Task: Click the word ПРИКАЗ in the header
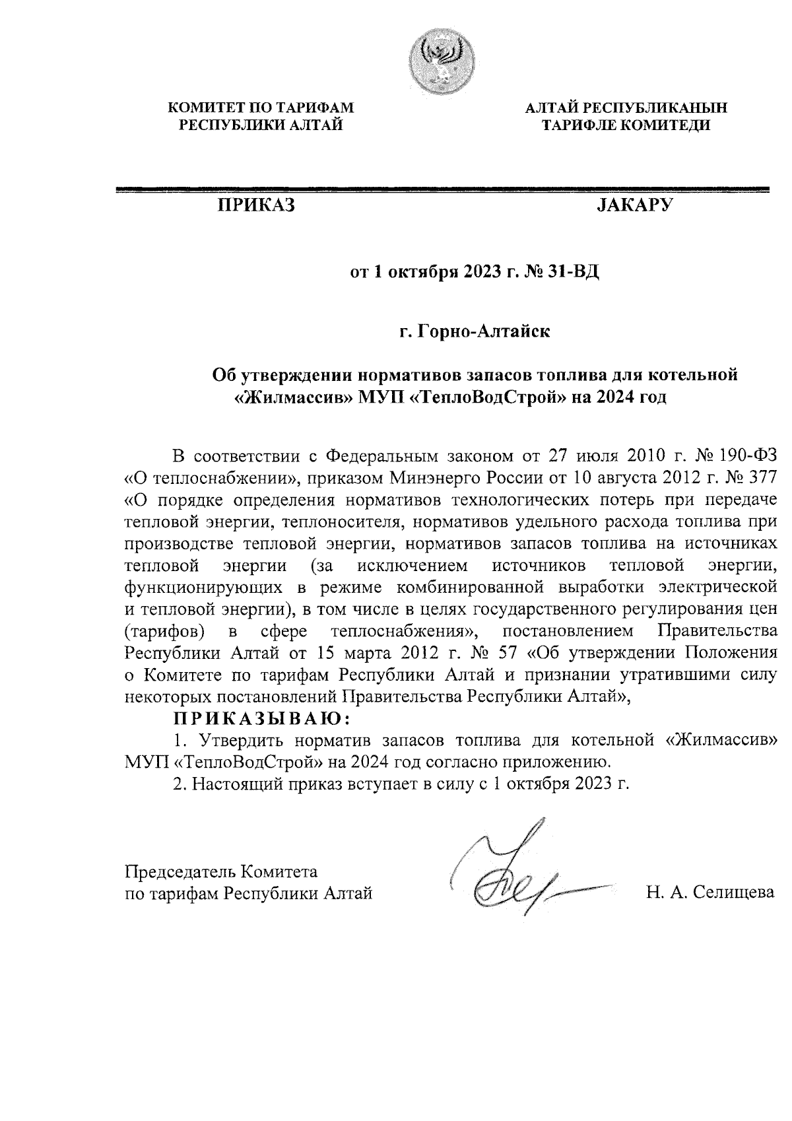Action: (256, 205)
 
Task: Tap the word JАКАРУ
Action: (634, 205)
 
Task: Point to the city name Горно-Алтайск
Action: (484, 329)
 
